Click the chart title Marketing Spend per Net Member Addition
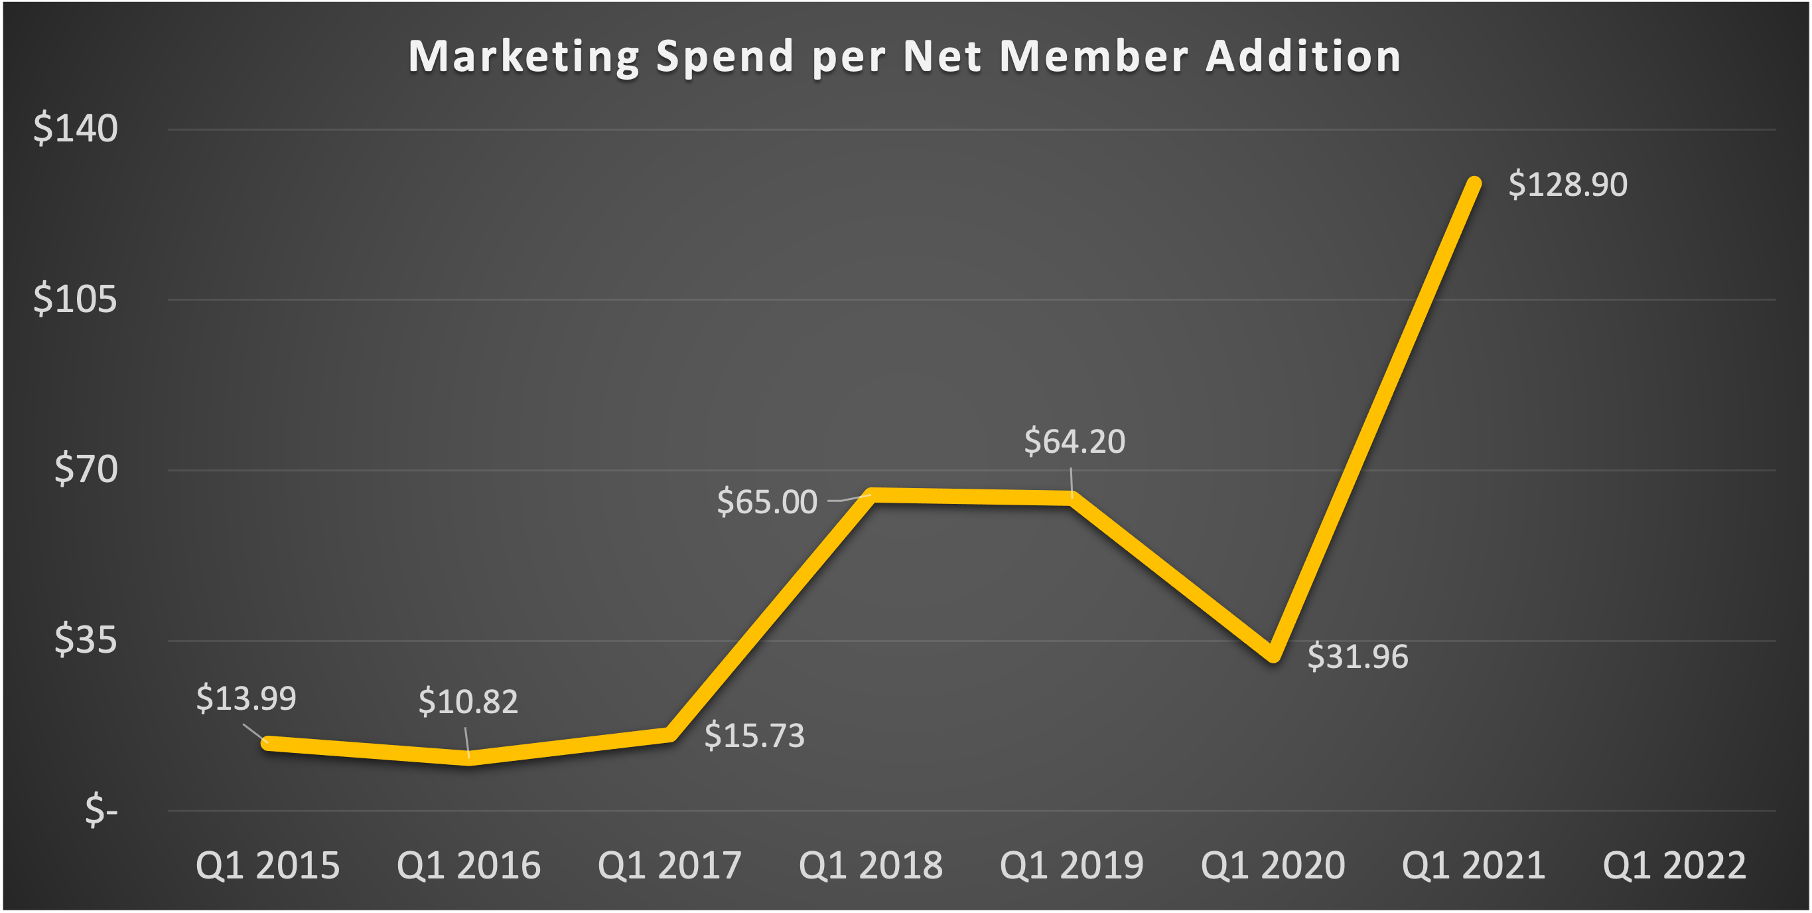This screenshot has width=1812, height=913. tap(904, 56)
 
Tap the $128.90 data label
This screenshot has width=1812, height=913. tap(1568, 185)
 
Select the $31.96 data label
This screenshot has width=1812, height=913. tap(1358, 657)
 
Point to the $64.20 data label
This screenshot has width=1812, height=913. tap(1074, 442)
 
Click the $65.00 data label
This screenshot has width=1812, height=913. tap(767, 502)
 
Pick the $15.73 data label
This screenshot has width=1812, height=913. tap(754, 736)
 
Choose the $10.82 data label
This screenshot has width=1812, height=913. tap(468, 702)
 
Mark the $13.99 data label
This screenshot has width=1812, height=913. tap(246, 699)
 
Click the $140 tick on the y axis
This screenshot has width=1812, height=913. tap(75, 129)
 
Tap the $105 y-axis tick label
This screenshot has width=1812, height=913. tap(75, 299)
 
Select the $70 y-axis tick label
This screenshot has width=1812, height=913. tap(86, 469)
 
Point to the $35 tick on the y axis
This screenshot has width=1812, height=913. tap(86, 640)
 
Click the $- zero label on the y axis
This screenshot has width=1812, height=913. tap(102, 810)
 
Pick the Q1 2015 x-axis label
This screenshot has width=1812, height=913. tap(267, 865)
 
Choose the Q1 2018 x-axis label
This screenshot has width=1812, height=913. tap(870, 865)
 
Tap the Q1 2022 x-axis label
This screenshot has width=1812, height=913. tap(1674, 865)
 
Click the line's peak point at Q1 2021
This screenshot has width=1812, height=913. tap(1474, 183)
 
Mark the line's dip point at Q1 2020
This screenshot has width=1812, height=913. tap(1273, 655)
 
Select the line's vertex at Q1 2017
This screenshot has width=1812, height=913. tap(670, 734)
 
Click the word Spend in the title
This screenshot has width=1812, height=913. tap(725, 56)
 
